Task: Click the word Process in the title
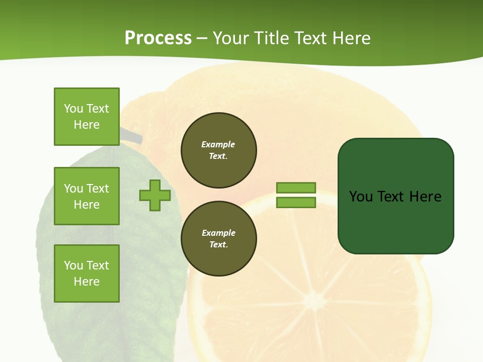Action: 158,38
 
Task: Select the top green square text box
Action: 87,117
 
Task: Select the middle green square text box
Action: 87,196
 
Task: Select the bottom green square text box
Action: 87,273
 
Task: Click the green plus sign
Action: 155,196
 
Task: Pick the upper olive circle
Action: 219,150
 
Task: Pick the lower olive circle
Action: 219,238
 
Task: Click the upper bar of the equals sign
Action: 296,188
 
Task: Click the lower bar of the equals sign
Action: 296,203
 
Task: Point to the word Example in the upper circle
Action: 218,144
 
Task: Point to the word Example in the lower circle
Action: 218,233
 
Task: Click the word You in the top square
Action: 73,109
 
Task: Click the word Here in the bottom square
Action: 87,282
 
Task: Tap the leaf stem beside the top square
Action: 132,135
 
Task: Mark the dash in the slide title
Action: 202,39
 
